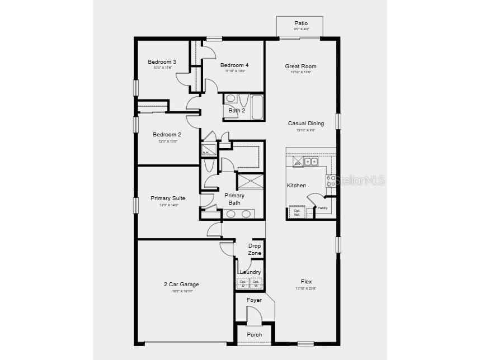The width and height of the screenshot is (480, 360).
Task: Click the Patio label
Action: [301, 23]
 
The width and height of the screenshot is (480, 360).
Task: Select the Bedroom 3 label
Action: [162, 61]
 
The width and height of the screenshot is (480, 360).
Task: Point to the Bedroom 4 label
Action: [234, 65]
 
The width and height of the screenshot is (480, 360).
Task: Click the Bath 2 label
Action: [236, 110]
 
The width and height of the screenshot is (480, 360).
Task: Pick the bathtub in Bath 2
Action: [257, 107]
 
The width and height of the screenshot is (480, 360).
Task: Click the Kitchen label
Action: [297, 185]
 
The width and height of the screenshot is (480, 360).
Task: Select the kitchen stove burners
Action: [331, 180]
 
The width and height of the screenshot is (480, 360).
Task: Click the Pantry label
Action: [323, 208]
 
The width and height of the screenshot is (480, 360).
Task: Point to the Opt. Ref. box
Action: [297, 212]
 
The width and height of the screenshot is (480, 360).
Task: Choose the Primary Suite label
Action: [168, 198]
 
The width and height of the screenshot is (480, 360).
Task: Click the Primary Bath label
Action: [234, 199]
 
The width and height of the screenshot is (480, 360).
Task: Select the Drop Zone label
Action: [255, 249]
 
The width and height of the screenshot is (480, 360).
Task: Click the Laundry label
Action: [250, 272]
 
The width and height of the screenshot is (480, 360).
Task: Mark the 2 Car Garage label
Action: [181, 284]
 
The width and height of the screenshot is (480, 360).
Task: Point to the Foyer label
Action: [255, 300]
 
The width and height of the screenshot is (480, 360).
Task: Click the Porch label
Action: [255, 335]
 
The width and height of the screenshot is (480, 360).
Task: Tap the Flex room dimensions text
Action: [306, 288]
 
